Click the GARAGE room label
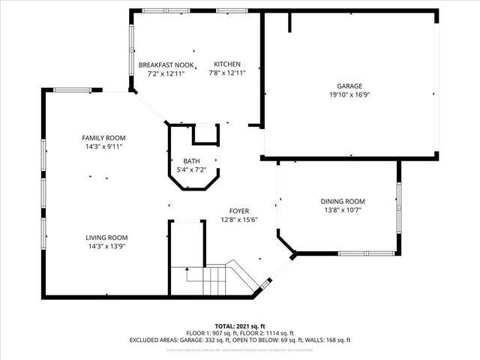pos(349,86)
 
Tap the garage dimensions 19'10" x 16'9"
pos(349,94)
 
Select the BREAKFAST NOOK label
pos(166,64)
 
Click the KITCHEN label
pos(226,64)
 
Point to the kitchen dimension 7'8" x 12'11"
pos(226,73)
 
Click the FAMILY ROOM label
pos(103,138)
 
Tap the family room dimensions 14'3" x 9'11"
pos(103,146)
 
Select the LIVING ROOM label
pos(103,237)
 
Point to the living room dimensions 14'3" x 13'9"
pos(103,245)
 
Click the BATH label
pos(191,161)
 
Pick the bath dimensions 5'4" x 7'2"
pos(191,169)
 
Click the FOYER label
pos(239,211)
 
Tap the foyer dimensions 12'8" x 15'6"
pos(239,220)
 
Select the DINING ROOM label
pos(342,201)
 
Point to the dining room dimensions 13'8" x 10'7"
pos(342,209)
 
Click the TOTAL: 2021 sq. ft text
pos(239,326)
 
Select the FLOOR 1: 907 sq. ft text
pos(212,333)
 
